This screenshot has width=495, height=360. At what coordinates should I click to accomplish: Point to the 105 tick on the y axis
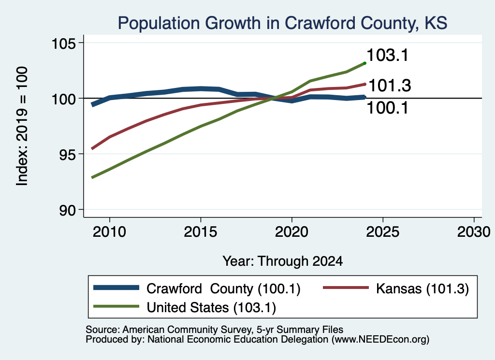coord(64,43)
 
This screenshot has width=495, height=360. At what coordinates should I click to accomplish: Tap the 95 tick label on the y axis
coord(68,154)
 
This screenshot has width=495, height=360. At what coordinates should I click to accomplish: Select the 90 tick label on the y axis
coord(68,210)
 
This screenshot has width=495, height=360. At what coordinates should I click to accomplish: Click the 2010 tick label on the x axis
coord(110,232)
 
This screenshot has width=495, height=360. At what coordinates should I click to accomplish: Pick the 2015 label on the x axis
coord(201,232)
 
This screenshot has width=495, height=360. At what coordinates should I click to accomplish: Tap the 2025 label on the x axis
coord(383,232)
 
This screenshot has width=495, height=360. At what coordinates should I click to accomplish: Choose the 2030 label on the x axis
coord(474,232)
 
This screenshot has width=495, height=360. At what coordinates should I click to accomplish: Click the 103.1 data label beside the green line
coord(388,55)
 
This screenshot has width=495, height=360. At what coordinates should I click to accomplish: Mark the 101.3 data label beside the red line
coord(390,86)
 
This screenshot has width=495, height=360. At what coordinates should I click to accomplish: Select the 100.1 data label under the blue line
coord(388,108)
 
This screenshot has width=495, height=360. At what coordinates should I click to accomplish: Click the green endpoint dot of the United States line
coord(365,63)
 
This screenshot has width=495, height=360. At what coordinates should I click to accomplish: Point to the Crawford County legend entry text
coord(223,288)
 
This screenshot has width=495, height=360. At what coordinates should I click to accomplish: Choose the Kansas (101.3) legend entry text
coord(422,288)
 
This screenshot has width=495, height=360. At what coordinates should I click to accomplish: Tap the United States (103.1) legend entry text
coord(211,308)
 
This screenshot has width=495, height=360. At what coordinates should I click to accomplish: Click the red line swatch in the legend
coord(346,288)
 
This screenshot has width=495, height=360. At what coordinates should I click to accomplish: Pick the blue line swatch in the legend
coord(116,288)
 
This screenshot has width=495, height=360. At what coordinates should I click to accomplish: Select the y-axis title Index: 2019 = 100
coord(22,126)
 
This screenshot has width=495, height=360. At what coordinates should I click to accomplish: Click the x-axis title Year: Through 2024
coord(282,261)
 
